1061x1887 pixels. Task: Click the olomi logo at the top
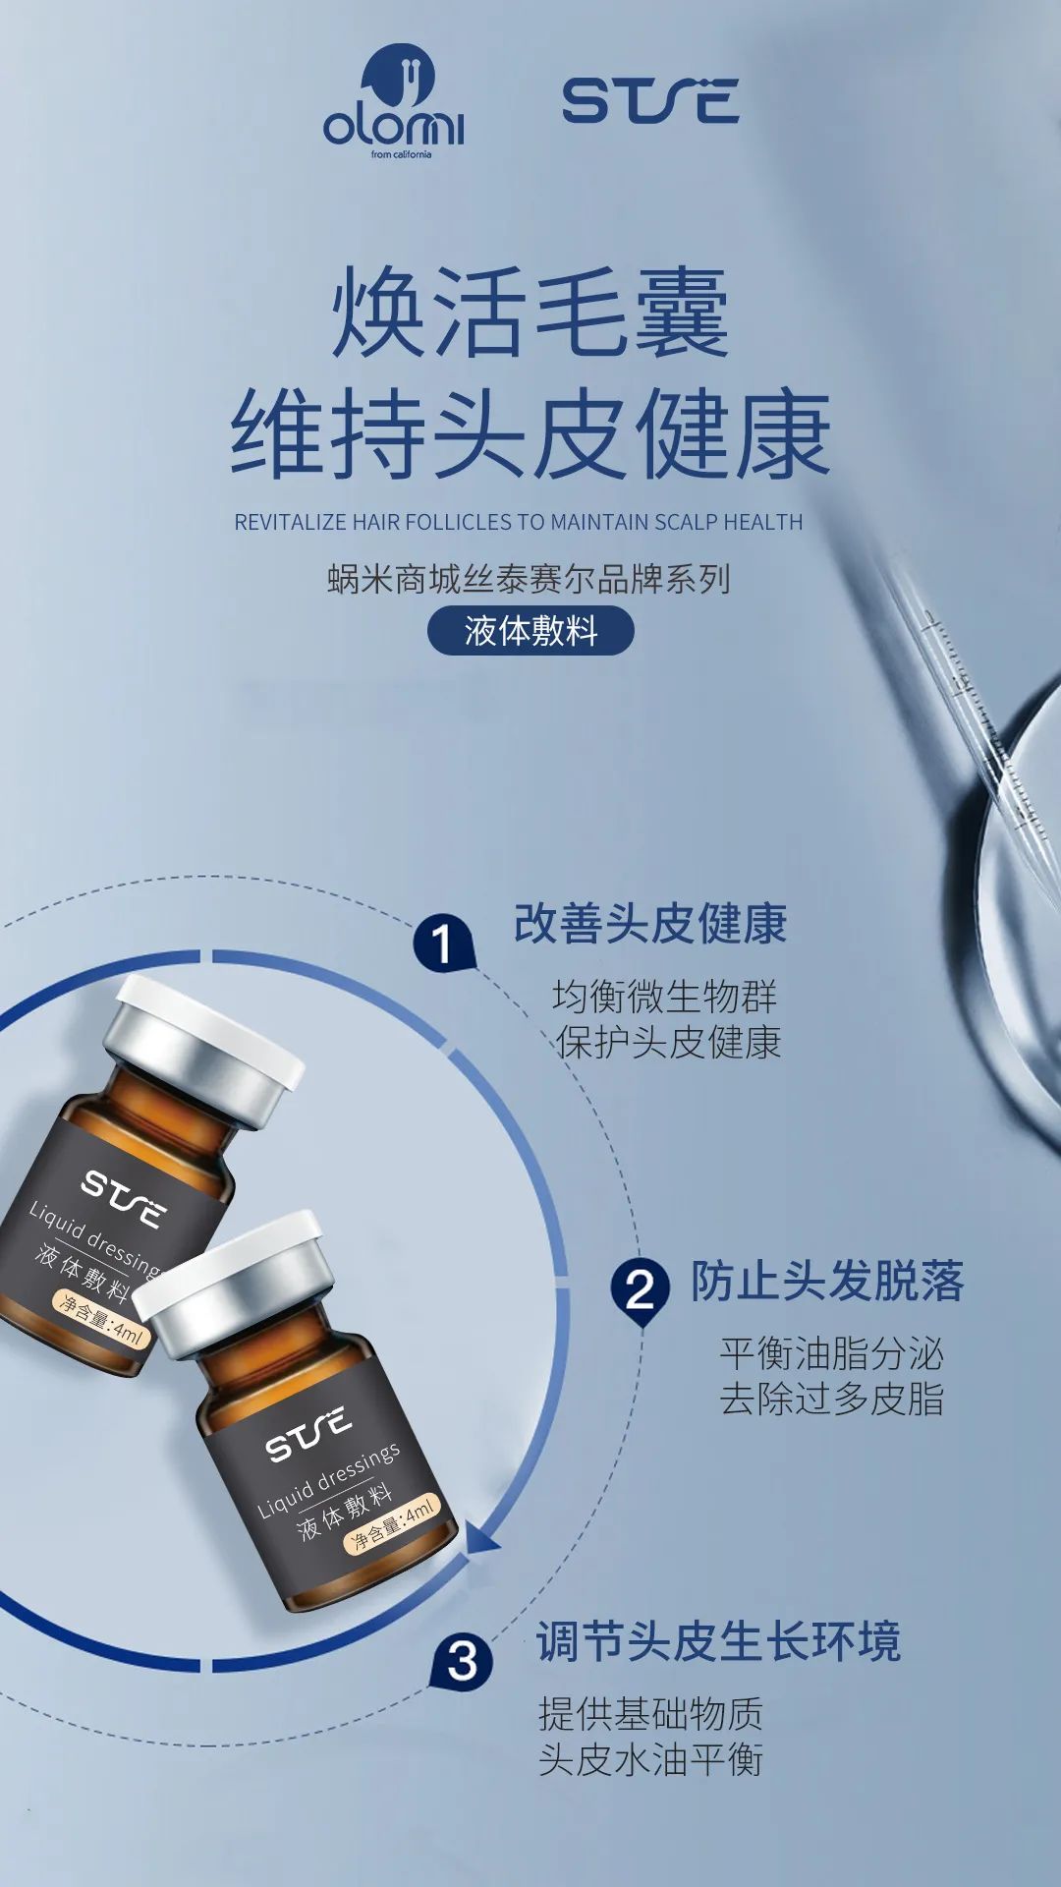point(394,101)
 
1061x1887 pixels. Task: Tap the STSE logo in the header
point(650,101)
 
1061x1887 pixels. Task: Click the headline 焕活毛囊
point(530,313)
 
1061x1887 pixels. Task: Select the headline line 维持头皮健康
point(530,433)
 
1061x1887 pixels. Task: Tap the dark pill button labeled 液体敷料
point(530,631)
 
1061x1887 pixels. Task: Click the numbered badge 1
point(443,943)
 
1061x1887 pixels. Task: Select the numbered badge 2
point(640,1288)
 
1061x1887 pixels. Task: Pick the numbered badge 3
point(462,1660)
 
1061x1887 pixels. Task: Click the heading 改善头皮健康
point(650,924)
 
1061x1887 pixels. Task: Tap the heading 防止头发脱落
point(827,1282)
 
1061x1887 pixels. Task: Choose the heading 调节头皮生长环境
point(718,1641)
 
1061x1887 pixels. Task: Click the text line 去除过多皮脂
point(831,1399)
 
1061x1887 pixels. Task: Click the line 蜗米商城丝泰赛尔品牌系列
point(529,579)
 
